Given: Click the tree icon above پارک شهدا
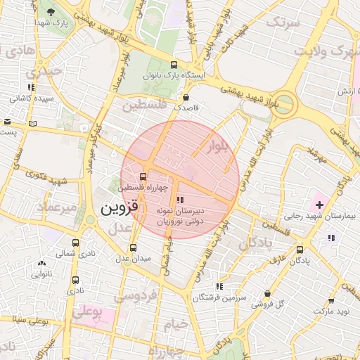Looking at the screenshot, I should click(x=51, y=12).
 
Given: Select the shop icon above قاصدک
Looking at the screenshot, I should click(x=186, y=98).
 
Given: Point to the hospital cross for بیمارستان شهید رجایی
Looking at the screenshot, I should click(x=320, y=205).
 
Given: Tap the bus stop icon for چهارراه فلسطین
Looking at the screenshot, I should click(x=144, y=176).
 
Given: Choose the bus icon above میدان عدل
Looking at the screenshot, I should click(x=134, y=247).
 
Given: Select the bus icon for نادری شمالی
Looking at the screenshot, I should click(x=75, y=242).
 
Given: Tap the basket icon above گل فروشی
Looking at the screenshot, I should click(x=267, y=294).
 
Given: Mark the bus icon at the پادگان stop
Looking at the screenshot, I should click(x=300, y=249).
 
